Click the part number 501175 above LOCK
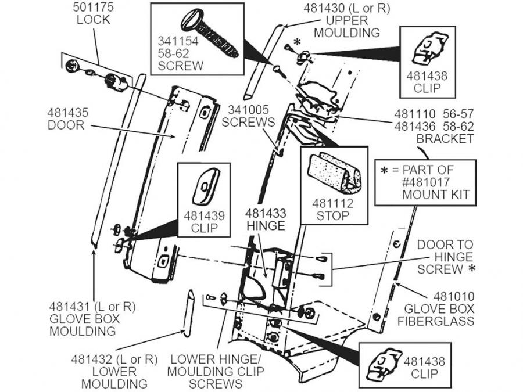point(93,7)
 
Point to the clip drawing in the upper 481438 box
point(428,49)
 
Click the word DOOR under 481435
point(66,125)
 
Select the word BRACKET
point(445,139)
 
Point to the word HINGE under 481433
point(266,226)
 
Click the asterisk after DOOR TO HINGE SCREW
point(471,268)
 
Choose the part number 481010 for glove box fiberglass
point(454,296)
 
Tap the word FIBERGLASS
point(436,321)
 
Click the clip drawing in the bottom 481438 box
point(384,364)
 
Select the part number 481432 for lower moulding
point(92,359)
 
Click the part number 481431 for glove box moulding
point(70,306)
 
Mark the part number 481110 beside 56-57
point(415,114)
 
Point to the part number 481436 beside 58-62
point(415,127)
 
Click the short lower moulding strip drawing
point(188,314)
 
